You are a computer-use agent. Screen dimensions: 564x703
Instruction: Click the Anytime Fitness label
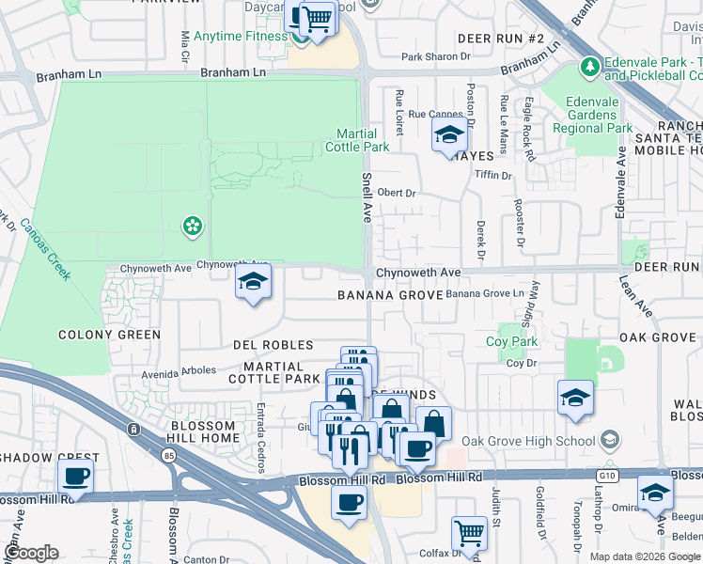click(x=240, y=37)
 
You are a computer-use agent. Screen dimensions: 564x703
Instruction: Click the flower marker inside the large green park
click(x=192, y=225)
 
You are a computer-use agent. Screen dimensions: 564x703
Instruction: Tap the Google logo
click(x=31, y=553)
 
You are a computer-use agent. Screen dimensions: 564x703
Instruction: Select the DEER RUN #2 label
click(x=501, y=39)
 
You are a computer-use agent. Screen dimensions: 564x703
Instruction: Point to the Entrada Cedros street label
click(x=262, y=437)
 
